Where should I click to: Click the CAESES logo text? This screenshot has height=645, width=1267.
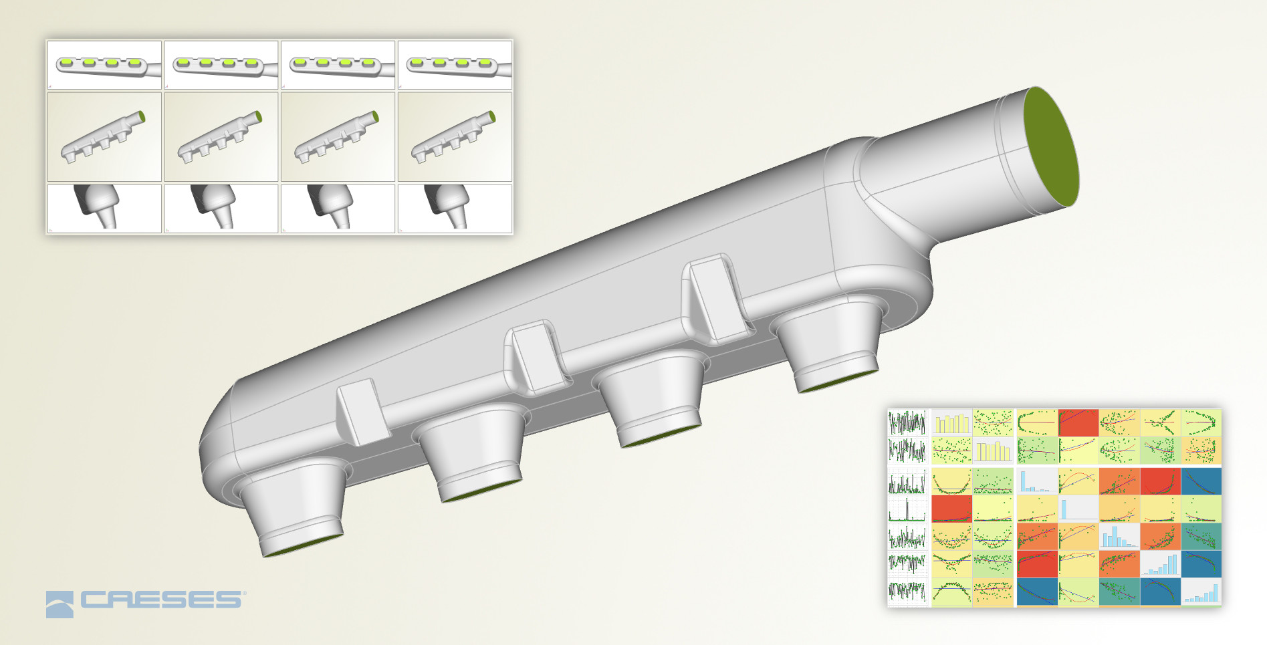point(160,600)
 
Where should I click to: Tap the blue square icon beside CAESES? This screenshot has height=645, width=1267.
point(60,604)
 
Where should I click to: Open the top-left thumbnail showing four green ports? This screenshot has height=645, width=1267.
point(104,65)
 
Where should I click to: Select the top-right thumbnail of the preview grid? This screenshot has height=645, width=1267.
point(455,65)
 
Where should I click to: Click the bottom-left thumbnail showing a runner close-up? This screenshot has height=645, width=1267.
point(104,208)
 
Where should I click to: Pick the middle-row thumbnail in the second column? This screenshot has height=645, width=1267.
point(221,137)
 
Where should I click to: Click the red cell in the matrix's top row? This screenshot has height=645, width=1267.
point(1078,422)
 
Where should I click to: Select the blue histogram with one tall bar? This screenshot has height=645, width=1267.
point(1078,509)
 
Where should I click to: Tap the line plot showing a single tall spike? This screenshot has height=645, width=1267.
point(907,509)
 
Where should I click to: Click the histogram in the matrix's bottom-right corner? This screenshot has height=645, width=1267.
point(1201,592)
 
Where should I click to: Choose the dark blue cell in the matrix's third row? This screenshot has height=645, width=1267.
point(1201,481)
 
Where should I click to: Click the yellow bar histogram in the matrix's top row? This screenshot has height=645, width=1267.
point(951,422)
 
